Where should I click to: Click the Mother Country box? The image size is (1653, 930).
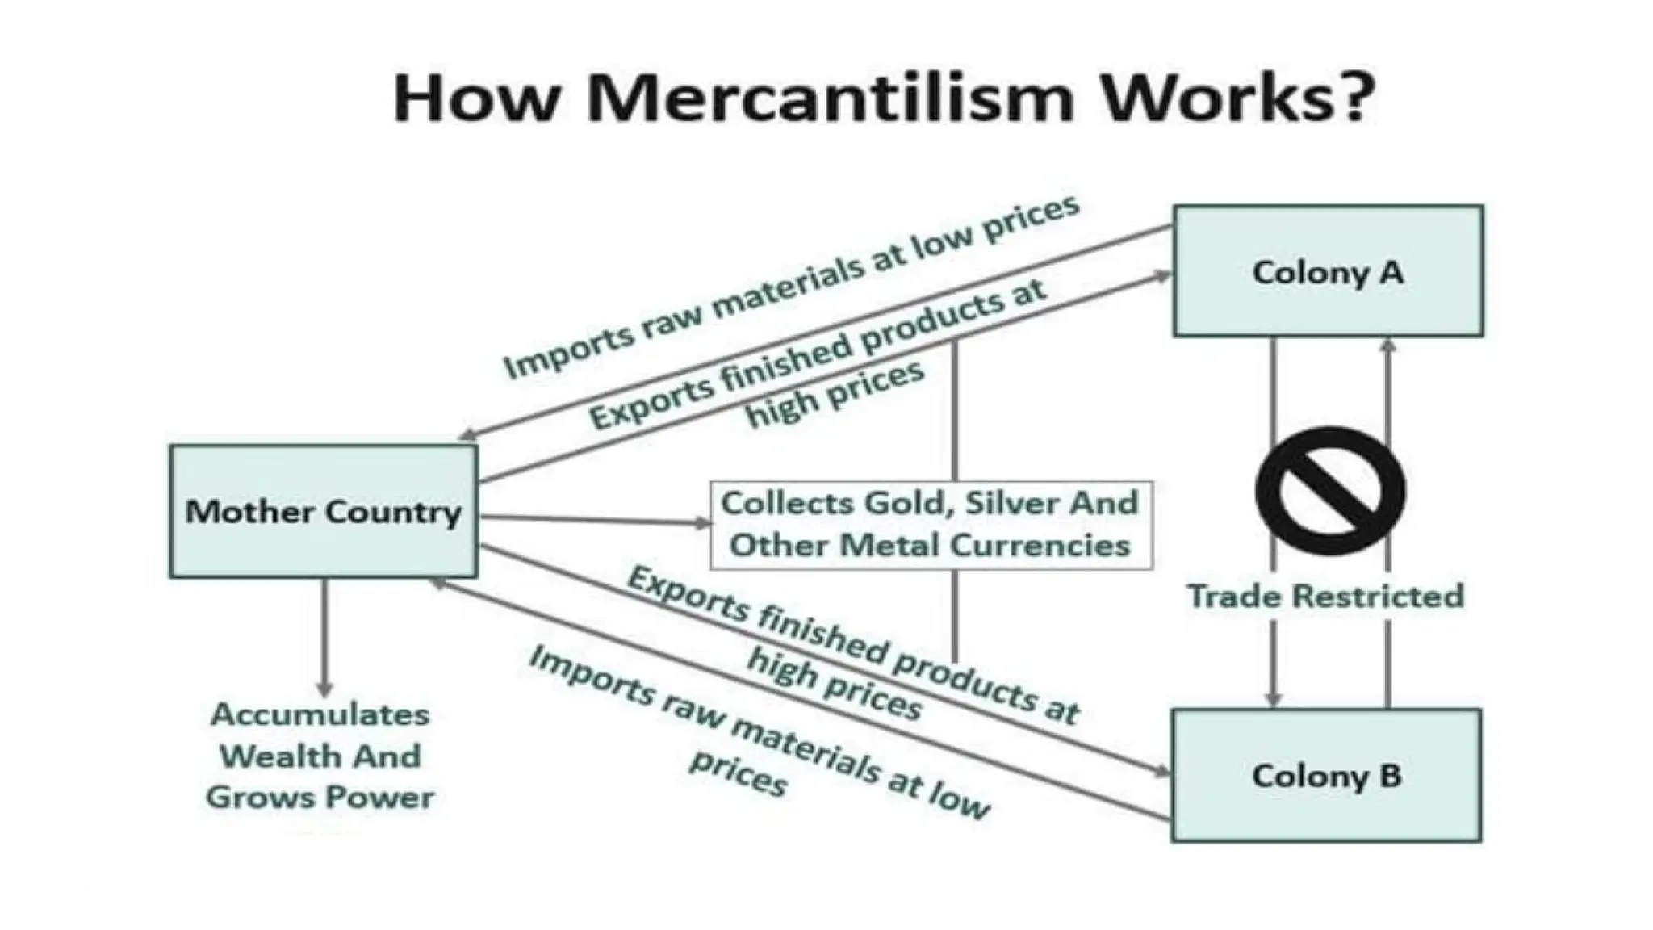323,511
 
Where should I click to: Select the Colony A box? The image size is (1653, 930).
1328,271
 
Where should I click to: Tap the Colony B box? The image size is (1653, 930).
1326,776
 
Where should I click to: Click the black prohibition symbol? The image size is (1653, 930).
1329,491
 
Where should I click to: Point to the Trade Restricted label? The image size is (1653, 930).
1325,597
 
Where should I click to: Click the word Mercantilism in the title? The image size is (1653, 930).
831,98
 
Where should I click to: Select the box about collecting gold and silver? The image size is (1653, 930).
931,525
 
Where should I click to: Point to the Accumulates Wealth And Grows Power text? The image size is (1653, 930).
320,756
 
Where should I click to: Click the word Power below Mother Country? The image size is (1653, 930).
379,798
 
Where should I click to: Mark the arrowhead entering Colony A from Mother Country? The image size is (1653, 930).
1162,276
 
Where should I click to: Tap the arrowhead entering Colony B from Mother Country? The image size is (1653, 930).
1162,772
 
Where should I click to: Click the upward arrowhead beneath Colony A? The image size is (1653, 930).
1388,346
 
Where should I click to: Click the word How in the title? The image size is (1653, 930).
476,98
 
